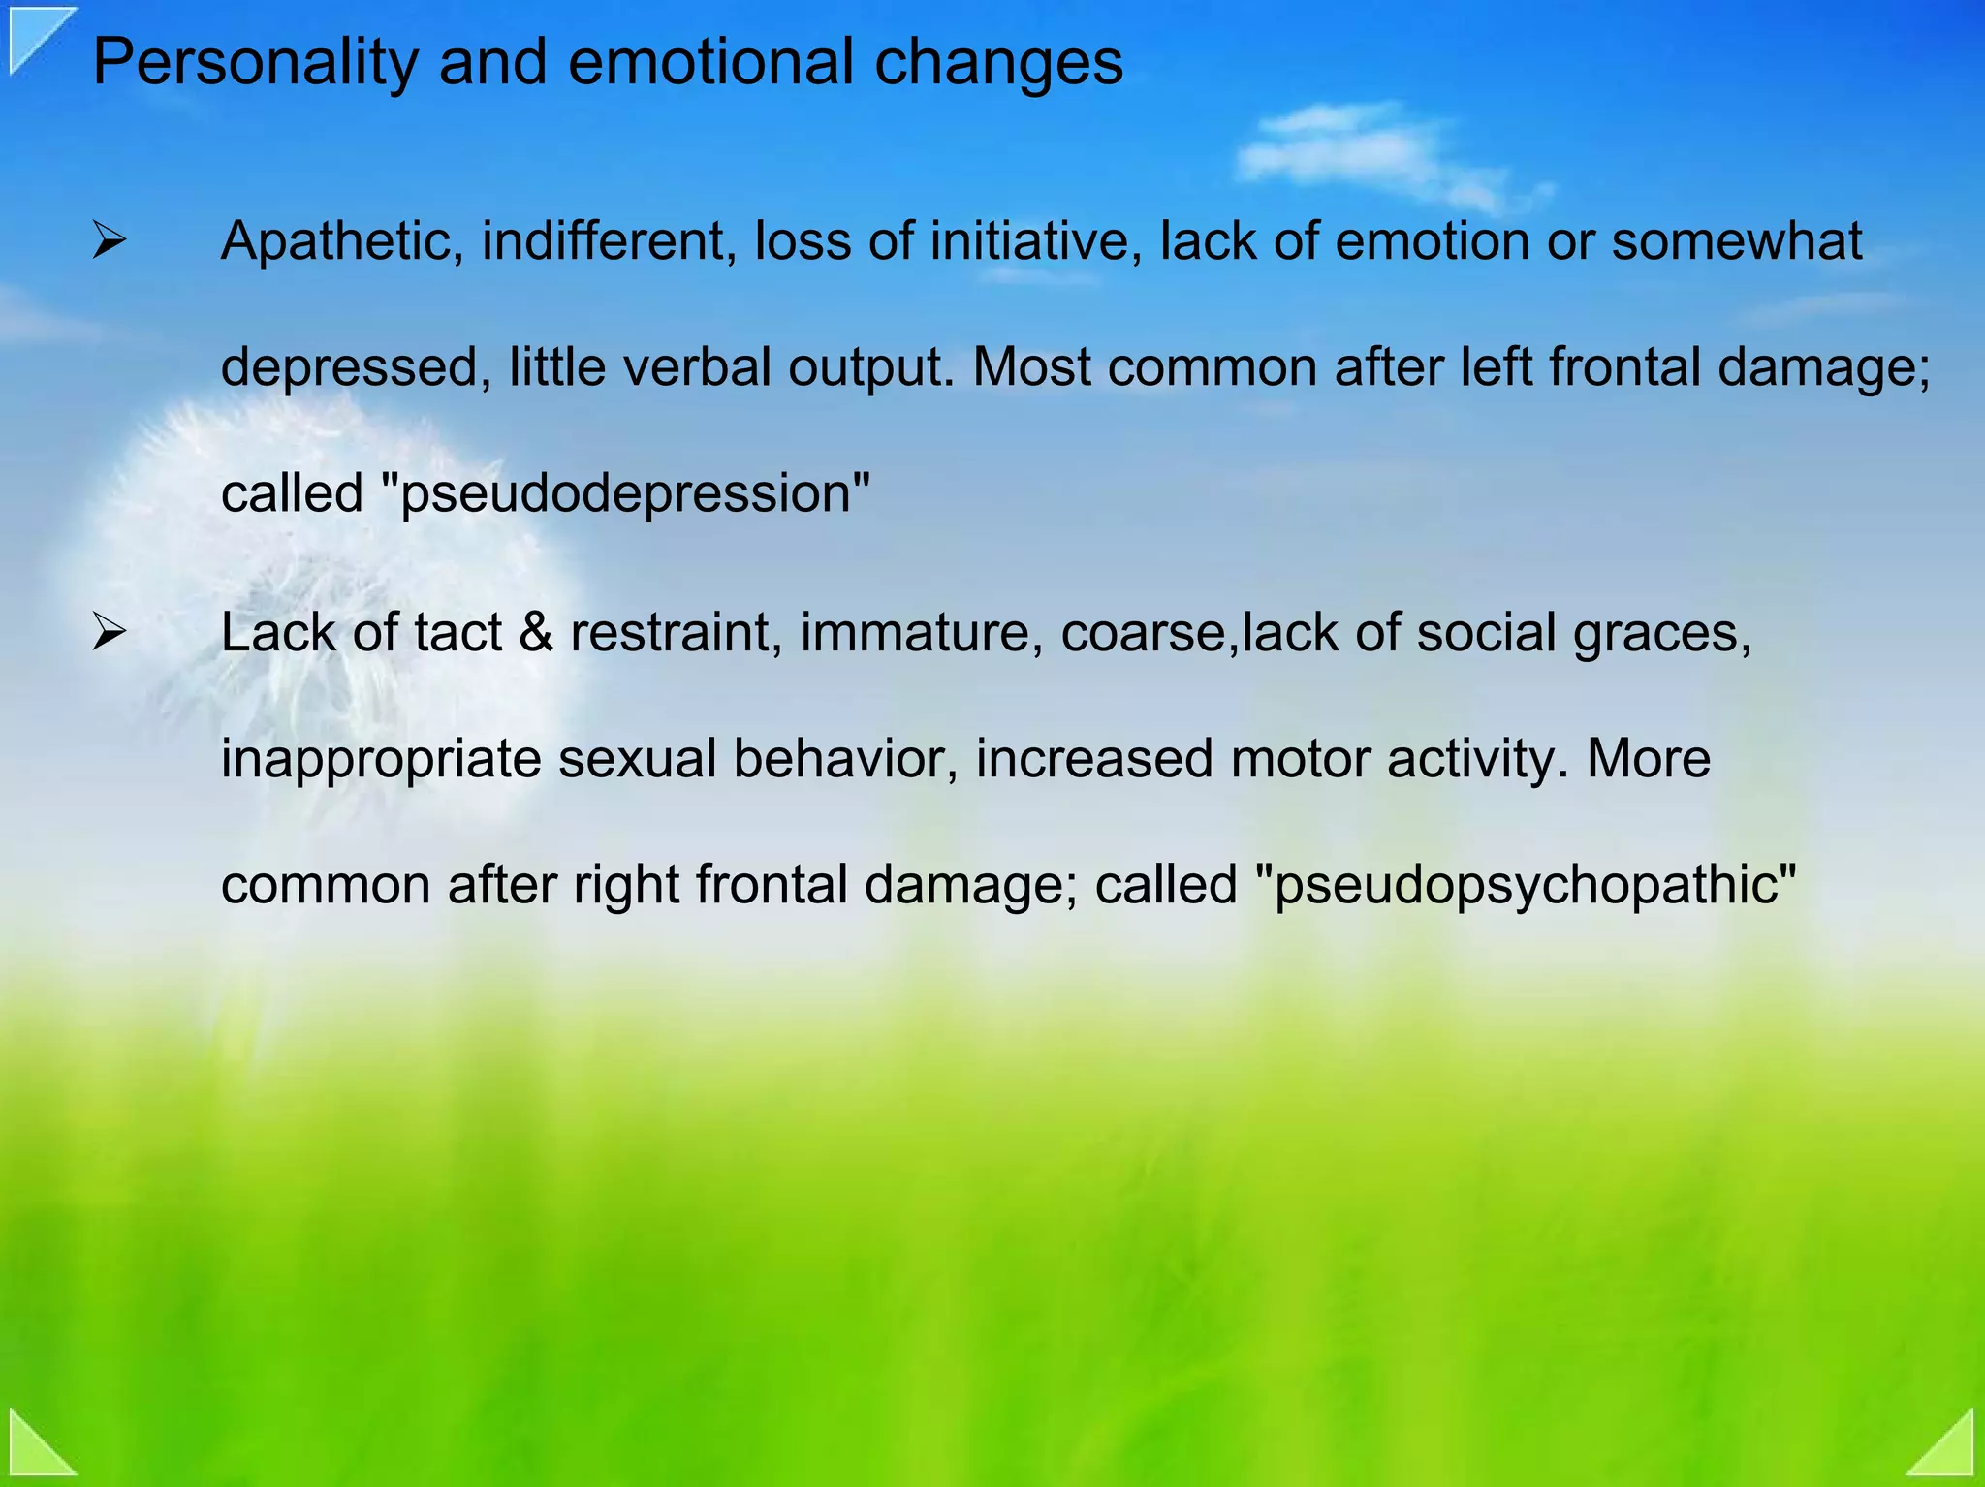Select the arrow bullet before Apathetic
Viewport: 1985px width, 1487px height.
(x=109, y=240)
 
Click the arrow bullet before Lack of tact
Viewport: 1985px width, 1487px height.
(x=109, y=633)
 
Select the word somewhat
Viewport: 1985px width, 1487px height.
(x=1736, y=240)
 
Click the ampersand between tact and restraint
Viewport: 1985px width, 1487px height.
(x=535, y=633)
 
